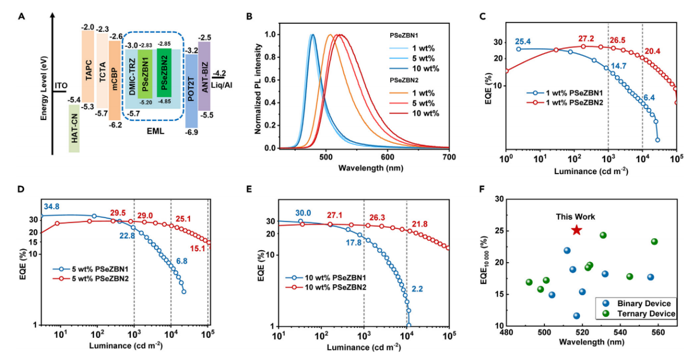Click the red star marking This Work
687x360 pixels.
577,230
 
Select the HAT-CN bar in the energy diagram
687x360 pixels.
75,128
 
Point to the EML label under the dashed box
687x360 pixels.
156,130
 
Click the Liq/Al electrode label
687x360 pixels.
219,82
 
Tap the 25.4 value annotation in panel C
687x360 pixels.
523,41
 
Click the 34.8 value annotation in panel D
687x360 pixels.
50,206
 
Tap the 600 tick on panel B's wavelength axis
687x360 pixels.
388,157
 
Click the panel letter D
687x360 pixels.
22,190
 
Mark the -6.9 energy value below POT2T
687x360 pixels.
191,132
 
